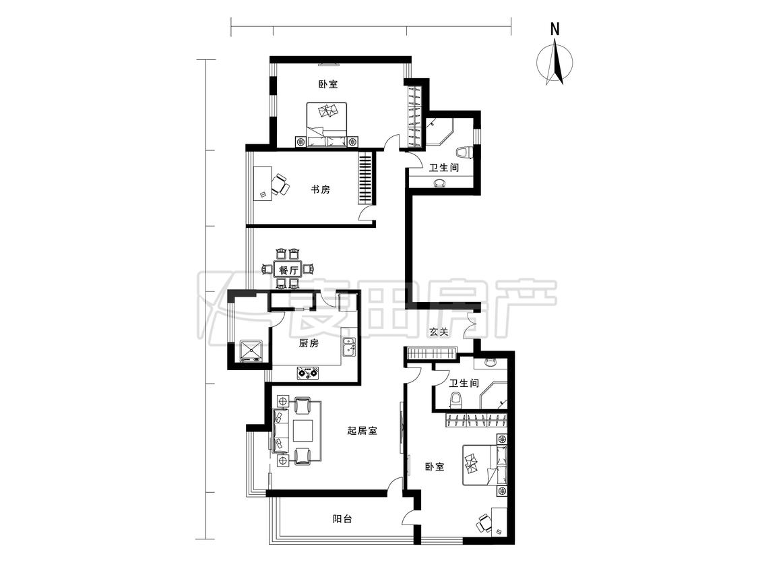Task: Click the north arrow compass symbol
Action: (x=555, y=63)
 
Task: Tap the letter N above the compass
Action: (x=555, y=30)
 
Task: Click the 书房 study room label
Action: (x=320, y=189)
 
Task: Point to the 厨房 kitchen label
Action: (x=309, y=344)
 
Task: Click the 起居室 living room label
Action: (x=362, y=431)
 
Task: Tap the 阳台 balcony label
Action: (x=342, y=519)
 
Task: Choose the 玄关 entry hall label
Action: (x=439, y=332)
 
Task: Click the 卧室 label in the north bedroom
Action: (x=327, y=84)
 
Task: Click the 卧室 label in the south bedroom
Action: (x=435, y=467)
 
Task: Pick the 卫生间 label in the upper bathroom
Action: (x=444, y=168)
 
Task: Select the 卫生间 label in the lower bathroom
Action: (x=464, y=383)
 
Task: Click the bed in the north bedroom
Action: (x=327, y=124)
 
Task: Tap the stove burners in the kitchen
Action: (x=308, y=373)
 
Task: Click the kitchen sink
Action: (x=349, y=347)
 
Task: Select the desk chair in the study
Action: (x=280, y=185)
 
